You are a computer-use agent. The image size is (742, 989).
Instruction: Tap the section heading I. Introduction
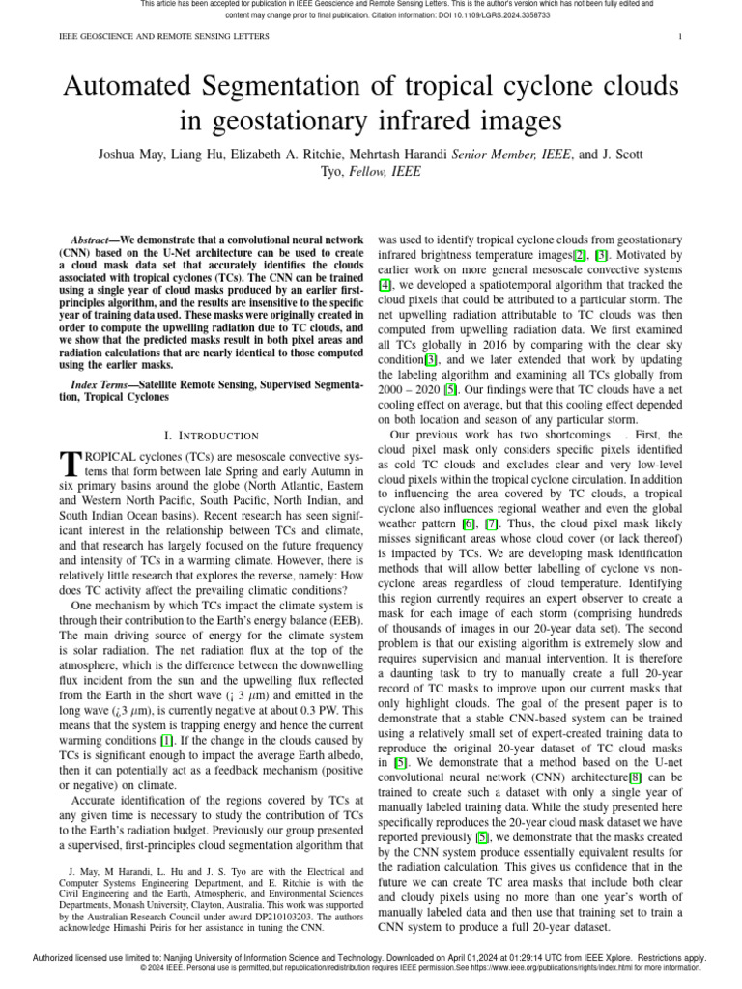(211, 437)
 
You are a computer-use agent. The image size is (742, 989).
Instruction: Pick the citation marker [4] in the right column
(385, 285)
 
